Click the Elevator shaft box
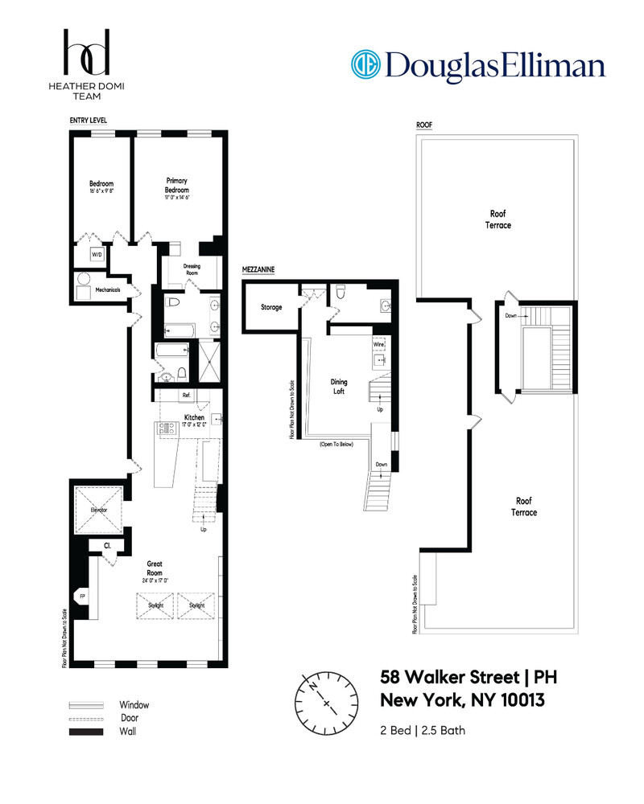tap(97, 509)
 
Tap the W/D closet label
tap(97, 255)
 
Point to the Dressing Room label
tap(192, 269)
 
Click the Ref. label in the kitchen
tap(186, 395)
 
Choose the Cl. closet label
tap(106, 546)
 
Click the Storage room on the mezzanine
tap(270, 306)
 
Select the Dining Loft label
tap(344, 387)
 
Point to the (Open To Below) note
tap(336, 444)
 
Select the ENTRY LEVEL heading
tap(88, 121)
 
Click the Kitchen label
tap(193, 417)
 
